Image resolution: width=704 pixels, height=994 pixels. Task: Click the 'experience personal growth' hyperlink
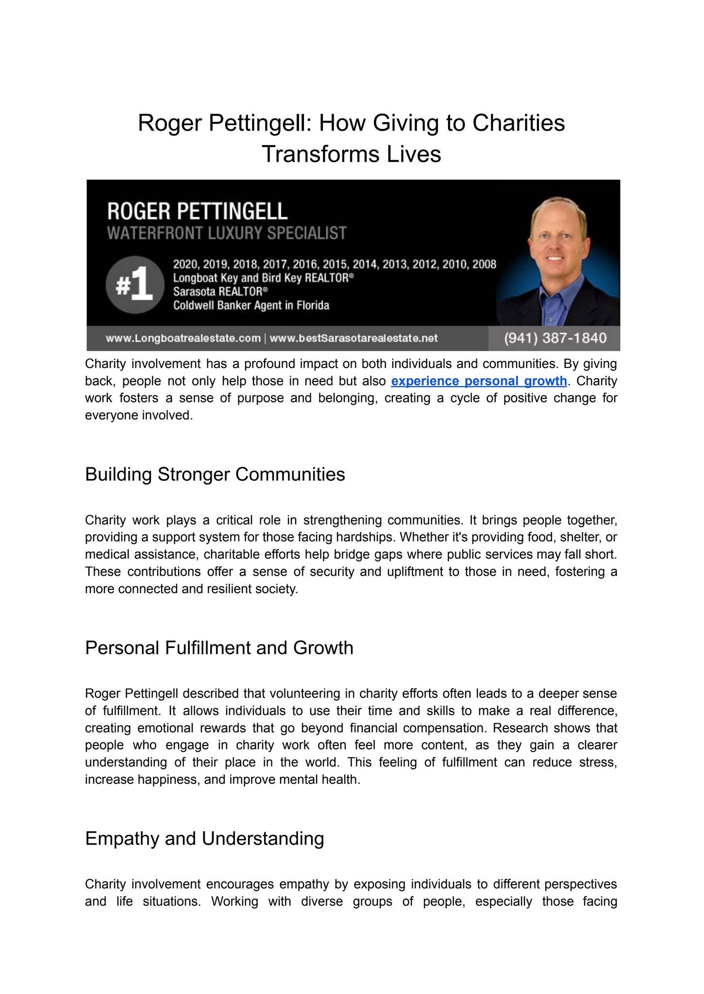coord(479,381)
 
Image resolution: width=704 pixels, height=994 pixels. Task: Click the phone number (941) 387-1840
coord(555,338)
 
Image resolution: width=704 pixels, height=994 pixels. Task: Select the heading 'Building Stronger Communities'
coord(215,474)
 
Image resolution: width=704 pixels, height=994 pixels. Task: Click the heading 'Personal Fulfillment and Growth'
coord(219,648)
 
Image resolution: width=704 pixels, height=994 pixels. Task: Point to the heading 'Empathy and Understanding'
coord(204,839)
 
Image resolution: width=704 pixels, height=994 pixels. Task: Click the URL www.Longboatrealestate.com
coord(183,338)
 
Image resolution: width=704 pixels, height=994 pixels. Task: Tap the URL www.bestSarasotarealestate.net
coord(353,338)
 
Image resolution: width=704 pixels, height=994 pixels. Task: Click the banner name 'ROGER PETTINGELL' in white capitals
coord(197,212)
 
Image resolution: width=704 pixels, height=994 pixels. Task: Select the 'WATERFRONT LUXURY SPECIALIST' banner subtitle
coord(227,233)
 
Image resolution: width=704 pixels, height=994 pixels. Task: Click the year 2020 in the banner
coord(183,265)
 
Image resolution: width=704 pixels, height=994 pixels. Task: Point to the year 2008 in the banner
coord(484,265)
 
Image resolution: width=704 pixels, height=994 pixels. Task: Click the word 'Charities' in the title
coord(519,123)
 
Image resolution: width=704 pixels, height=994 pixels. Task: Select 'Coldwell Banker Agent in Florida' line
coord(251,306)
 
